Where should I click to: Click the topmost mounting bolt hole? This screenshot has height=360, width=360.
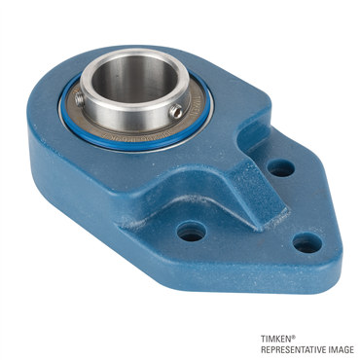[x=280, y=167]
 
